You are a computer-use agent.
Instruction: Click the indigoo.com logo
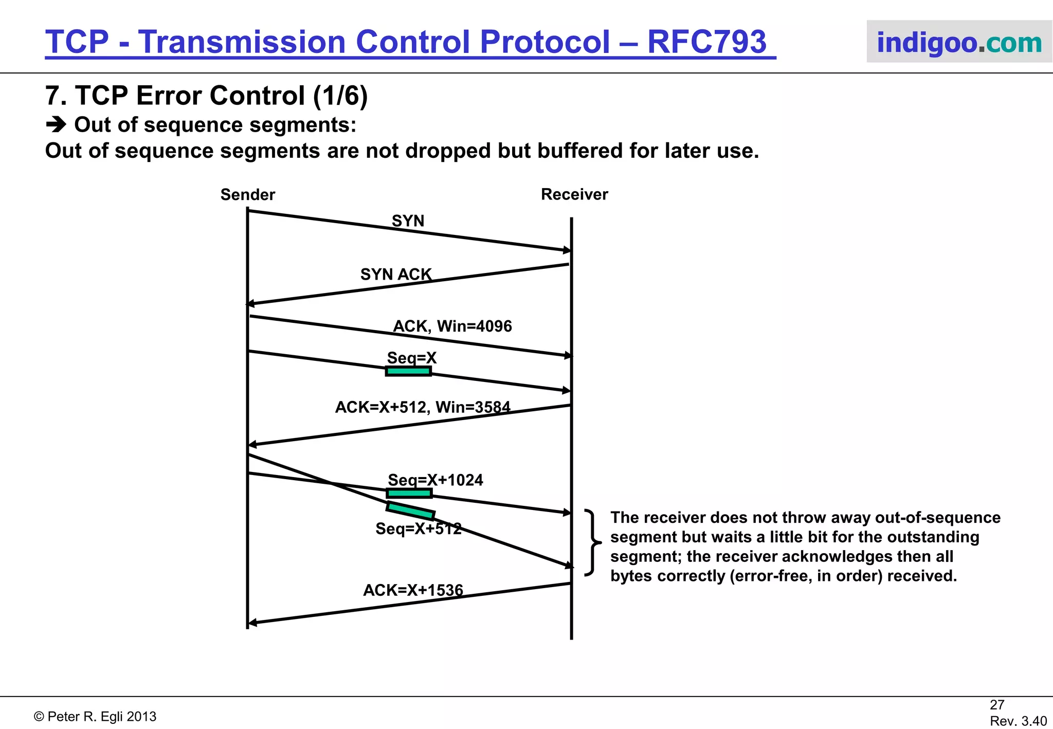coord(959,42)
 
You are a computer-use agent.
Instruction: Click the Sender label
coord(247,195)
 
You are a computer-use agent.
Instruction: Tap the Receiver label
coord(574,194)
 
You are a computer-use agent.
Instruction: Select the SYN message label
coord(408,221)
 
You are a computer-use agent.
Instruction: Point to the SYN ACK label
coord(395,275)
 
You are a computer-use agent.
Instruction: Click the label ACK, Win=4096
coord(452,326)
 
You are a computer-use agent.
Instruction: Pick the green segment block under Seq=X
coord(408,371)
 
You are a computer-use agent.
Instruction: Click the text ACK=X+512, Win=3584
coord(422,407)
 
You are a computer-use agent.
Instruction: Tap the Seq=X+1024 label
coord(435,480)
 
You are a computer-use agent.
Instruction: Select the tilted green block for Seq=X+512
coord(410,511)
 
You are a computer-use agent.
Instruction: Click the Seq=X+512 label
coord(418,529)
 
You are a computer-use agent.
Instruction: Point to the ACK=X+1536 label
coord(413,590)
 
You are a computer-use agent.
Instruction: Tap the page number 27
coord(996,705)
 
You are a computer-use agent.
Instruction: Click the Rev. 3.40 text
coord(1018,721)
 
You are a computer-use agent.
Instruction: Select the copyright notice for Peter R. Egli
coord(95,717)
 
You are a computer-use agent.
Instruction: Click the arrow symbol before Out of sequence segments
coord(56,125)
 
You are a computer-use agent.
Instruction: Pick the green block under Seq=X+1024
coord(409,494)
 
